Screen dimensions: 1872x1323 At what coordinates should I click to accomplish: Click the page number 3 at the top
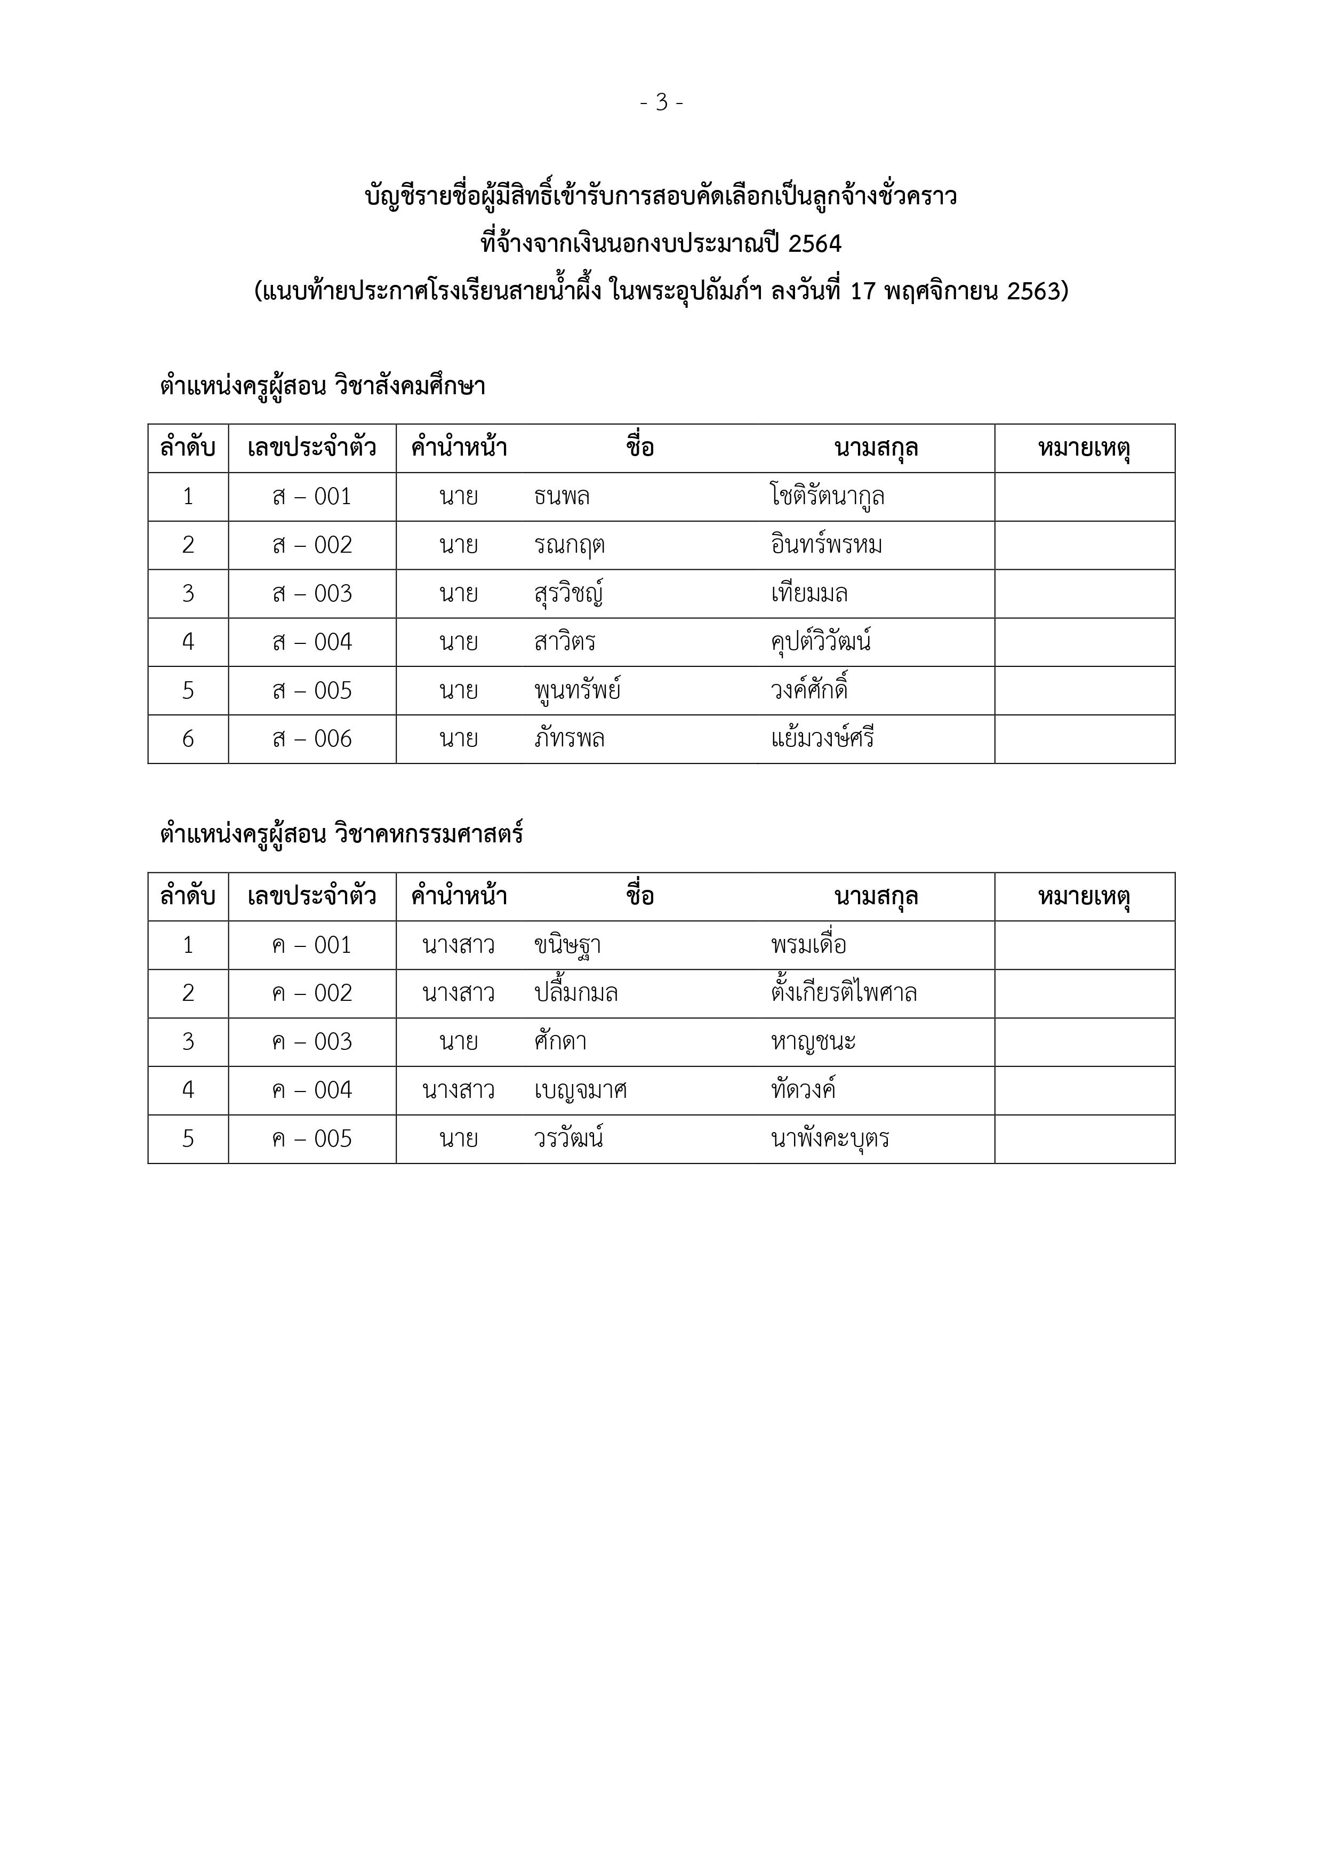click(661, 103)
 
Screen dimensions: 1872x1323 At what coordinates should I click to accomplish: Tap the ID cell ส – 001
click(312, 497)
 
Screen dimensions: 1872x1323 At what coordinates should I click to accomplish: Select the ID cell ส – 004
click(312, 642)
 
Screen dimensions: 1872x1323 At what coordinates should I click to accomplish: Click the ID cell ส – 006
click(312, 739)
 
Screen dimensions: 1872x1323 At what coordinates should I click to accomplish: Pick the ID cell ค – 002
click(312, 993)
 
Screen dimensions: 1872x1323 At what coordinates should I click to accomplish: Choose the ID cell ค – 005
click(312, 1139)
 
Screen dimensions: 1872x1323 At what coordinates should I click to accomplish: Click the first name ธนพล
click(562, 497)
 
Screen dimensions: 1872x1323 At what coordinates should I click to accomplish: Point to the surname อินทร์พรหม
click(827, 545)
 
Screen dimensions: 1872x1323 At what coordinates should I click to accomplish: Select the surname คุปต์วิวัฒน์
click(821, 642)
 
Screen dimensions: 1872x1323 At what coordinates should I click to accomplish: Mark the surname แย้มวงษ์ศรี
click(822, 739)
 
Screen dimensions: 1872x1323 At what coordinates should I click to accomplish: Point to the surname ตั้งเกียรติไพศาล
click(844, 993)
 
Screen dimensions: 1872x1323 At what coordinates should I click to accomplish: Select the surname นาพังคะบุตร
click(830, 1139)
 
